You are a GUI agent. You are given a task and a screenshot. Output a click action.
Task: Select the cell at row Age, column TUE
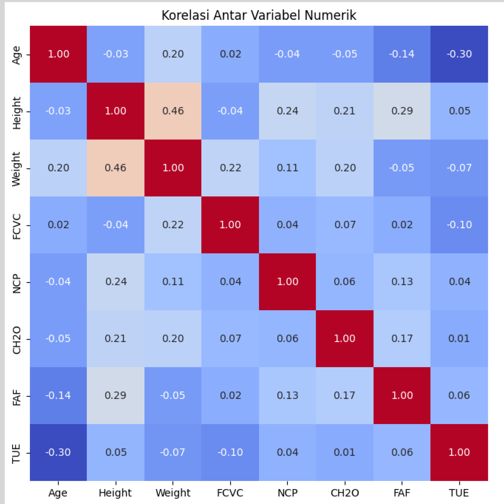(x=459, y=54)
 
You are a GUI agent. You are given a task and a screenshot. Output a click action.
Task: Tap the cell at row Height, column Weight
(x=173, y=111)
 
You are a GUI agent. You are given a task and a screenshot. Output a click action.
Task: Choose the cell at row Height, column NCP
(x=287, y=111)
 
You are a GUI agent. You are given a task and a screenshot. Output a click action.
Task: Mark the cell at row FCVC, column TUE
(x=459, y=225)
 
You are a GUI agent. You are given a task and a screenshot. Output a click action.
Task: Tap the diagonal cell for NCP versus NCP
(x=287, y=282)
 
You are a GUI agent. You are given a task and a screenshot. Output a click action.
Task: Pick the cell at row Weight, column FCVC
(x=230, y=168)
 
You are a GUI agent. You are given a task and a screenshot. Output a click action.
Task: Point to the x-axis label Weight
(x=173, y=493)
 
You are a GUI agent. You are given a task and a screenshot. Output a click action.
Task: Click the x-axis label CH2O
(x=345, y=493)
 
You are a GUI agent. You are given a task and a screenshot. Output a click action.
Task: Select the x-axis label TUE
(x=459, y=493)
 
